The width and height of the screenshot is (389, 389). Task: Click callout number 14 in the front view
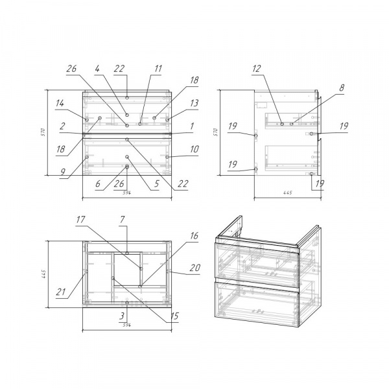(60, 103)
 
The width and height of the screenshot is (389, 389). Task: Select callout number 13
(194, 103)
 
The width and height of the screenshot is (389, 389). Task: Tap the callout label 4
(97, 69)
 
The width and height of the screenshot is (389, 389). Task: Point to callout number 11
(158, 69)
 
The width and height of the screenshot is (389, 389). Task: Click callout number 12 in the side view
(257, 69)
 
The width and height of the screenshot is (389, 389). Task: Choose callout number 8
(342, 88)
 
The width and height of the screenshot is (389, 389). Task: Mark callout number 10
(194, 149)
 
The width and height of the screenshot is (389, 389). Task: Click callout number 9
(63, 171)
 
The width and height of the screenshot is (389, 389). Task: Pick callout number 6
(98, 183)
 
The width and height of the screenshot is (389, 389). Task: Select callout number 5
(156, 183)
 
